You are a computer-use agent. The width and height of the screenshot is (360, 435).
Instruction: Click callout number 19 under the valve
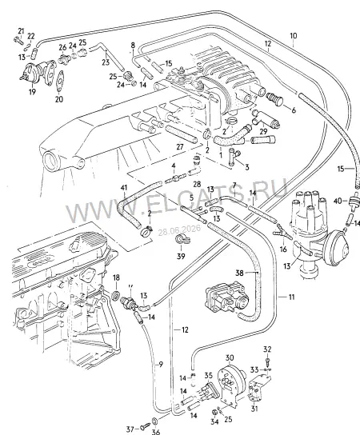[x=33, y=91]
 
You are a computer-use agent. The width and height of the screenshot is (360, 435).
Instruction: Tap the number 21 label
[x=21, y=30]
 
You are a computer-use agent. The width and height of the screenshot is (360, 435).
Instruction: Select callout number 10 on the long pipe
[x=294, y=36]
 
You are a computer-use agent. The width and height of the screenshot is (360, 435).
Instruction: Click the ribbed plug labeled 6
[x=274, y=98]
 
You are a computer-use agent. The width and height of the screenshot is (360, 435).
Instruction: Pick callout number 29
[x=263, y=131]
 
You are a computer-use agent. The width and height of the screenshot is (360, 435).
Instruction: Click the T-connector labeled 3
[x=233, y=158]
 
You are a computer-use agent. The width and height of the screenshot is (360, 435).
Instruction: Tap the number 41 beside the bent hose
[x=124, y=188]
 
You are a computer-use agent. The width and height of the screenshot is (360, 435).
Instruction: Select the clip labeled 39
[x=181, y=239]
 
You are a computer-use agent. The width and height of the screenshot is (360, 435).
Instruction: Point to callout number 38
[x=239, y=273]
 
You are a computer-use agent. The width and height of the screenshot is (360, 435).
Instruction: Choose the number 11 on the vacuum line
[x=291, y=297]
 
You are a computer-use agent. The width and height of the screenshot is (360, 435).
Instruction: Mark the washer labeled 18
[x=115, y=295]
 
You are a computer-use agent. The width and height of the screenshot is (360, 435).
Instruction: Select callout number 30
[x=230, y=358]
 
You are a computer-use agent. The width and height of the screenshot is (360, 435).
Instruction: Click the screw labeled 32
[x=267, y=361]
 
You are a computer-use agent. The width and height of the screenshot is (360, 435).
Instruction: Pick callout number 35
[x=208, y=376]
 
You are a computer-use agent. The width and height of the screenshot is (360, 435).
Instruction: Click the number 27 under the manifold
[x=180, y=146]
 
